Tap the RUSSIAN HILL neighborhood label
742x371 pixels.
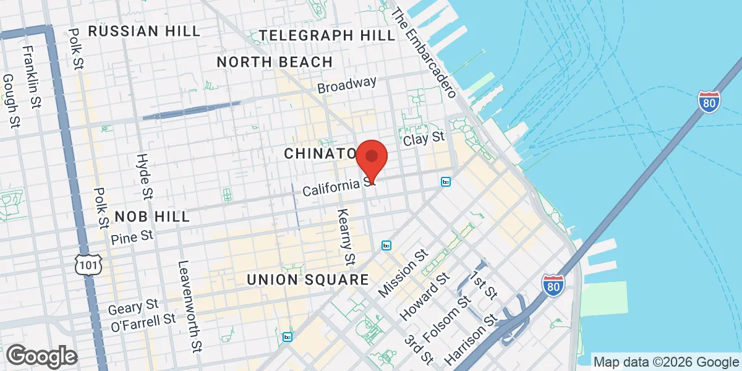(144, 31)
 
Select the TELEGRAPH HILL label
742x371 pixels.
(328, 35)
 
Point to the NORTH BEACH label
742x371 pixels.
(275, 62)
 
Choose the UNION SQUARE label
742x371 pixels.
(307, 279)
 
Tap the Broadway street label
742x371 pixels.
(347, 85)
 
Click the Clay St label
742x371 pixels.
(424, 139)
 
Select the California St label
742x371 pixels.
(338, 185)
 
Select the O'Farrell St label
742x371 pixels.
(143, 321)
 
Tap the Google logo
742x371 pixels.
(41, 356)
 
